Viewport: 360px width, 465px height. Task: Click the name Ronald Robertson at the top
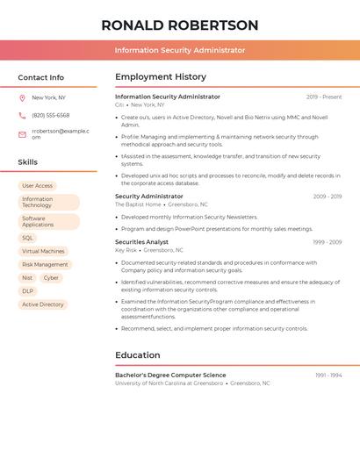(180, 25)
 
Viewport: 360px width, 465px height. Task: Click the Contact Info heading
(40, 77)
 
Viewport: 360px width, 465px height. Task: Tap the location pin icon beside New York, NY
(22, 97)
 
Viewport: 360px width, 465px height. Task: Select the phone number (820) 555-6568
(51, 115)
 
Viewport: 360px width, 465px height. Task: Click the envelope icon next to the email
(22, 134)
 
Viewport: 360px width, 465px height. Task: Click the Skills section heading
(28, 162)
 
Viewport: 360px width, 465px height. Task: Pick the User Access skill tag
(37, 186)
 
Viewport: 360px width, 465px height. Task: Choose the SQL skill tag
(28, 238)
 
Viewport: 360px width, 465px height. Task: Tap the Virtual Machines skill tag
(43, 251)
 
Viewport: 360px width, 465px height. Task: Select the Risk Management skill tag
(45, 264)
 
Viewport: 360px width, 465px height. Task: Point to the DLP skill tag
(28, 290)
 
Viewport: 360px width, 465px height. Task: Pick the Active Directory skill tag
(43, 304)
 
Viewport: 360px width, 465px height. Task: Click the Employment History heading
(161, 77)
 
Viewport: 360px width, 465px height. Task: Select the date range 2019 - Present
(324, 97)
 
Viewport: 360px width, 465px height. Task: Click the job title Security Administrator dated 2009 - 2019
(149, 197)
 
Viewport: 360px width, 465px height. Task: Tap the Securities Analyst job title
(141, 242)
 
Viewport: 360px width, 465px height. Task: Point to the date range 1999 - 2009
(327, 242)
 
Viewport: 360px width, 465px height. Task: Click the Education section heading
(138, 355)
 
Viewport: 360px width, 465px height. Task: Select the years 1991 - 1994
(328, 376)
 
